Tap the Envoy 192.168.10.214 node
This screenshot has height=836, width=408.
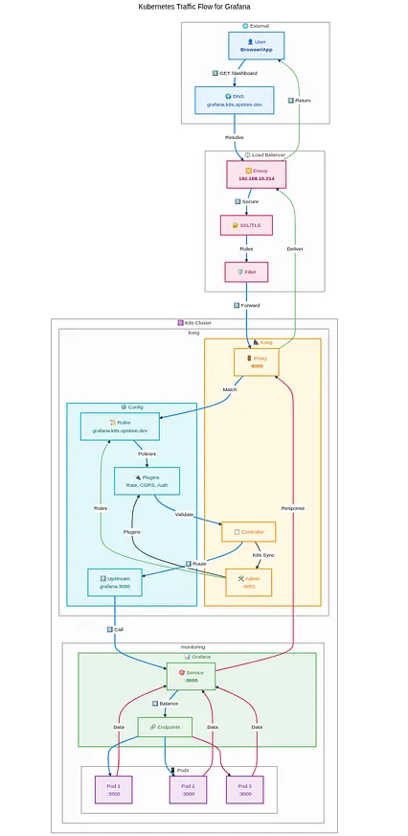tap(256, 174)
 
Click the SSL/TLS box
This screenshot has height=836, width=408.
tap(246, 225)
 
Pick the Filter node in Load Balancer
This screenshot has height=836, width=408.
tap(246, 272)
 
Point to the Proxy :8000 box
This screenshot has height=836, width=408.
tap(256, 361)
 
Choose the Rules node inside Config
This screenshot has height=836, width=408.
tap(120, 427)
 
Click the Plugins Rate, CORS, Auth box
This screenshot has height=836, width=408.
tap(147, 480)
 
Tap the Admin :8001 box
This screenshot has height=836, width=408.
tap(248, 581)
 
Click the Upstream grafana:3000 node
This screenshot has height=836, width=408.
tap(115, 581)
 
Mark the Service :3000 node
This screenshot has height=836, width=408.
tap(191, 677)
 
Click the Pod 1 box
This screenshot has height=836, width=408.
tap(113, 789)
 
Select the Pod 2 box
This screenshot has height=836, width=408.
tap(188, 789)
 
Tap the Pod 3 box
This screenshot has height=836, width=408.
tap(245, 789)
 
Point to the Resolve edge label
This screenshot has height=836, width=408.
tap(234, 137)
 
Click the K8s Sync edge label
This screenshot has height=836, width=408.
tap(263, 555)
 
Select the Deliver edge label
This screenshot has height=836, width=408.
tap(295, 248)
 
